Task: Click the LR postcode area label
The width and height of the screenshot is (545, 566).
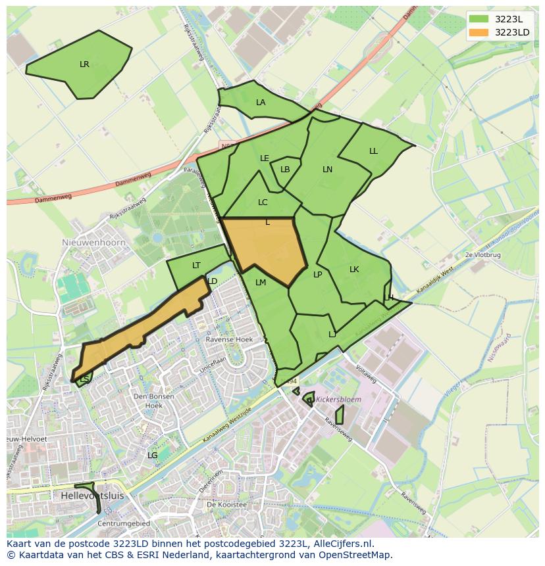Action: (84, 64)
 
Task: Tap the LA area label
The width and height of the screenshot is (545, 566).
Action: (261, 103)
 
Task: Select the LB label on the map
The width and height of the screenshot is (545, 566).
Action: (285, 170)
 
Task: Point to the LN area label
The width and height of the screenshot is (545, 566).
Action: (327, 170)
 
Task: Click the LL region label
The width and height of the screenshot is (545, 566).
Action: (373, 151)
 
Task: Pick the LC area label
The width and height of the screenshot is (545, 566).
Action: (263, 202)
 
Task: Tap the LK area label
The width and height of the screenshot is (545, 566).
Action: (354, 270)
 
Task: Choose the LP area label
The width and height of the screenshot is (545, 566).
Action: (317, 275)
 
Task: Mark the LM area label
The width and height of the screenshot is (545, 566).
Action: (261, 283)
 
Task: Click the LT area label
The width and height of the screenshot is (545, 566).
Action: (196, 266)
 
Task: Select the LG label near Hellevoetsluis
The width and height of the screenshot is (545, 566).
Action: (152, 455)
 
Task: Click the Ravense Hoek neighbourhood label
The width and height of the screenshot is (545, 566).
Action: (229, 339)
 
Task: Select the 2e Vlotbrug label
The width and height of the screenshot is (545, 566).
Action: (482, 254)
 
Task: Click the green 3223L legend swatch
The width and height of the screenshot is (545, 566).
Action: (479, 19)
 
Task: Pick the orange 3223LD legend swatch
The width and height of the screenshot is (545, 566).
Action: (479, 32)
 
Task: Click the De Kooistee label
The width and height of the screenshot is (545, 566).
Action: (226, 505)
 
